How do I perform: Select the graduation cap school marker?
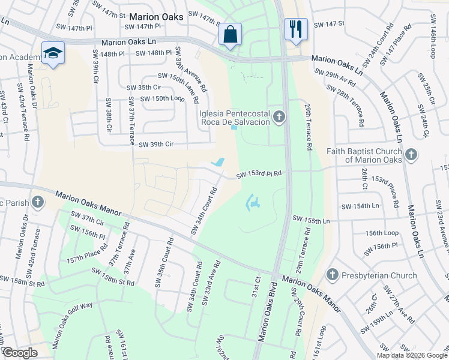click(x=53, y=53)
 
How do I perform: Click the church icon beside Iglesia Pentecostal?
click(x=279, y=117)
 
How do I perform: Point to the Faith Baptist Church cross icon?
click(x=411, y=155)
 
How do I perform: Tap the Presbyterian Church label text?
click(x=378, y=275)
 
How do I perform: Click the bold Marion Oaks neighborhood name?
click(x=156, y=17)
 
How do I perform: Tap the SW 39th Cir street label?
click(x=156, y=144)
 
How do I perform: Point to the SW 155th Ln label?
click(x=311, y=221)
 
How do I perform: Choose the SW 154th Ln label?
click(x=360, y=206)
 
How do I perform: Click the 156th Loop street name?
click(x=382, y=233)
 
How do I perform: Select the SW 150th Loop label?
click(x=162, y=98)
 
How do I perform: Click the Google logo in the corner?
click(x=20, y=353)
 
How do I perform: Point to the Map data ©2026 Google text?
click(x=411, y=355)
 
